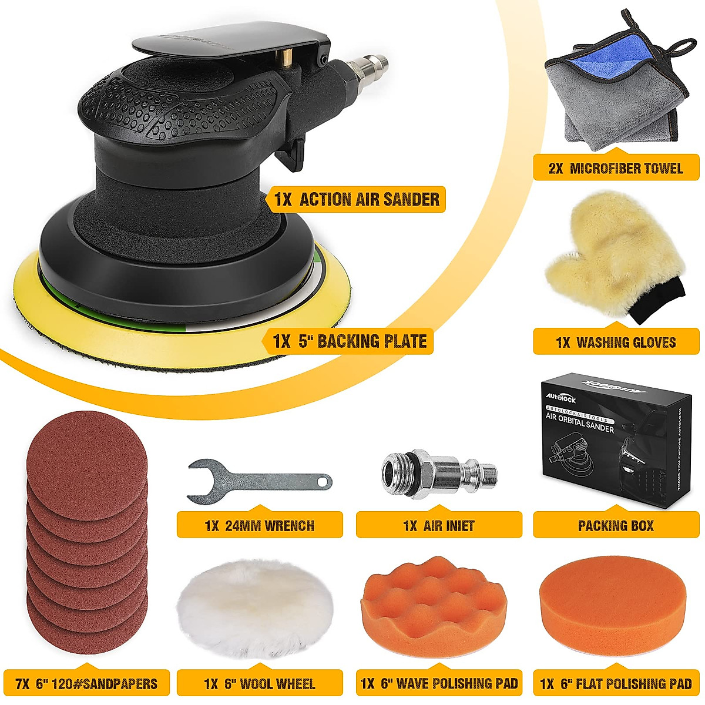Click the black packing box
coord(611,446)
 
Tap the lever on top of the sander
coord(229,50)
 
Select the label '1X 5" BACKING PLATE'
coord(350,341)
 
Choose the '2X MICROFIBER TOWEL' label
coord(616,169)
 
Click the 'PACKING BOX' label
coord(616,525)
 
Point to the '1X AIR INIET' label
coord(439,525)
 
